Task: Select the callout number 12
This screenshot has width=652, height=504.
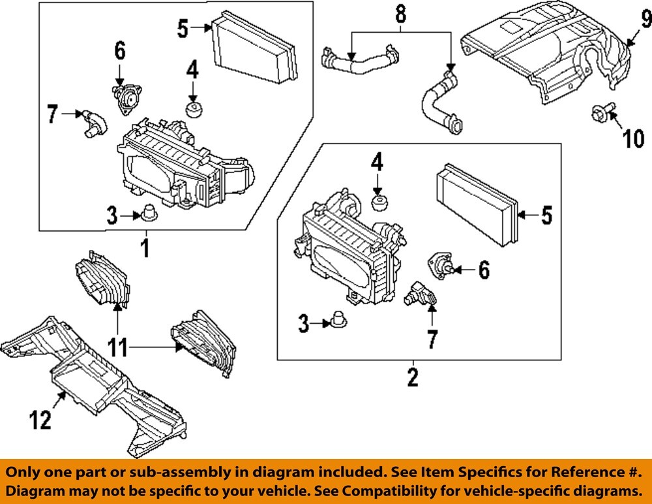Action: click(40, 420)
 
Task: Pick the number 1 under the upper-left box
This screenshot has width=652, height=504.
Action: click(146, 247)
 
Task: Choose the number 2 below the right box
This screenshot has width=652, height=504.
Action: click(412, 377)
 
